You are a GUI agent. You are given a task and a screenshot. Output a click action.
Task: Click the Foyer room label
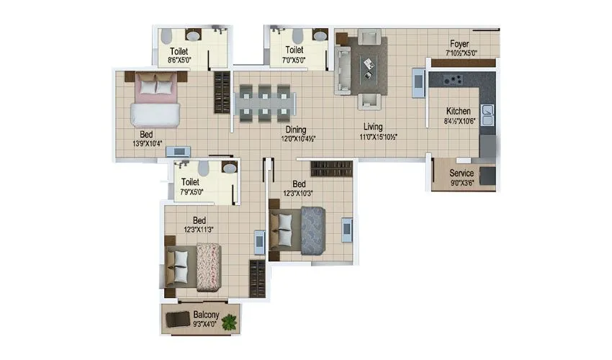(459, 43)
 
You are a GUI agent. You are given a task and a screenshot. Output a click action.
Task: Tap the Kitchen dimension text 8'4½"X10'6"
(459, 121)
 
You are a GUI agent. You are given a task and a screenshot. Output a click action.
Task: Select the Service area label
(462, 174)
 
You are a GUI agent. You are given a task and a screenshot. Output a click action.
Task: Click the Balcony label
(207, 315)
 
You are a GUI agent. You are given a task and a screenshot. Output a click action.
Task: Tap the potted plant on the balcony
(230, 322)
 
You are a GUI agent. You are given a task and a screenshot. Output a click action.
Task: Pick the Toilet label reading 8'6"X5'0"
(180, 60)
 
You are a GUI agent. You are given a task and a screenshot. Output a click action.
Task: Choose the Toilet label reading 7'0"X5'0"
(294, 60)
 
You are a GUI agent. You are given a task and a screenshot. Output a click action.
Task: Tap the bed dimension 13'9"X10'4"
(146, 143)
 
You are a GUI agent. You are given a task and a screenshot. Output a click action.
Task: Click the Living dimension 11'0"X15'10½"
(379, 136)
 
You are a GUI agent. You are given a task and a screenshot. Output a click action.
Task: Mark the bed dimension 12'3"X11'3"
(199, 229)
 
